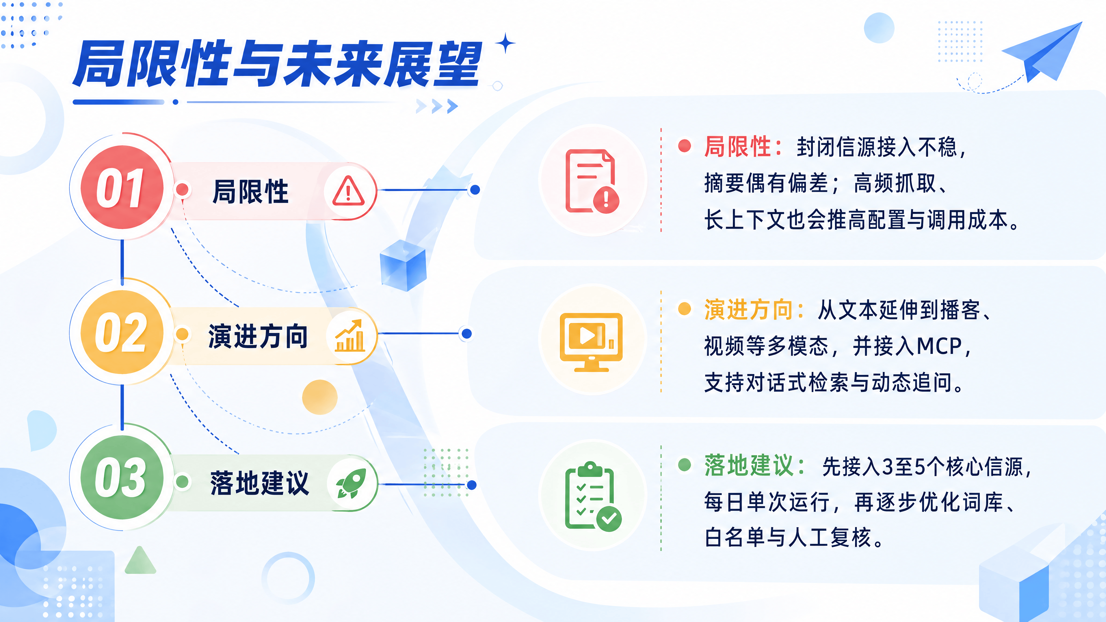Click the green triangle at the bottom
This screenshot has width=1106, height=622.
pyautogui.click(x=140, y=561)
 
